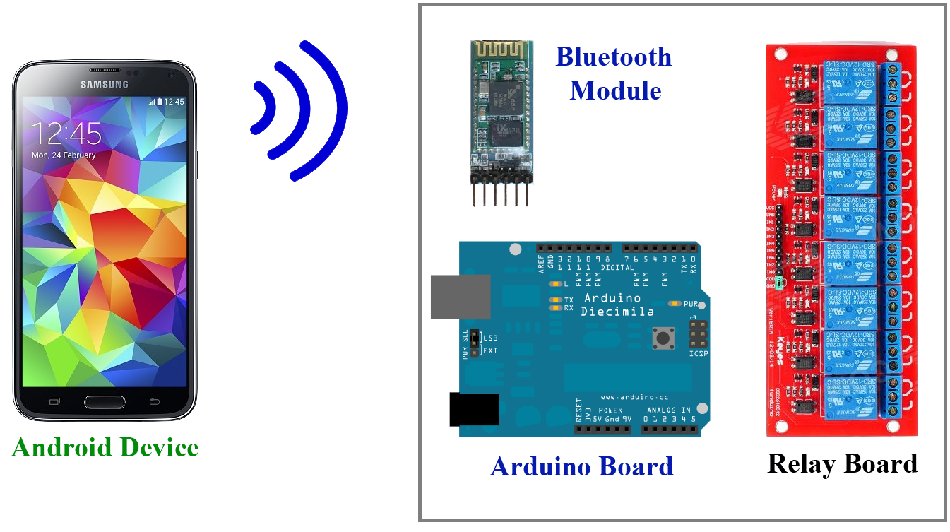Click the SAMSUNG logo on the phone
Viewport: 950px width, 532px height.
[x=104, y=85]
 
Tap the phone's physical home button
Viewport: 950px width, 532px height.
[x=104, y=402]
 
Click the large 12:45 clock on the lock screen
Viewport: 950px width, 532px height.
[x=66, y=133]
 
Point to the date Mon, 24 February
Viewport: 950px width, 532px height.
[x=64, y=155]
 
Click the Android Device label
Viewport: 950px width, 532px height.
[x=105, y=448]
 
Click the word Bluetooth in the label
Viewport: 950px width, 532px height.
[x=613, y=57]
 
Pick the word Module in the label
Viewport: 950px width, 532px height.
[x=615, y=90]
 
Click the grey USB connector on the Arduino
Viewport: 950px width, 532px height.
[x=461, y=297]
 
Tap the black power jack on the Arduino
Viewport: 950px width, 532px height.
[x=474, y=410]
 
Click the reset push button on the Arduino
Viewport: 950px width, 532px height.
[x=662, y=338]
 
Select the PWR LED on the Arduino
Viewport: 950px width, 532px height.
[x=676, y=304]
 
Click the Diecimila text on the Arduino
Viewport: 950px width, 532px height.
[x=617, y=312]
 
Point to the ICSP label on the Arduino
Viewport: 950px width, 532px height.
[x=698, y=353]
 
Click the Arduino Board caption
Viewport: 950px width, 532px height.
[x=581, y=467]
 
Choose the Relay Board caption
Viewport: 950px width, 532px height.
[x=842, y=464]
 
